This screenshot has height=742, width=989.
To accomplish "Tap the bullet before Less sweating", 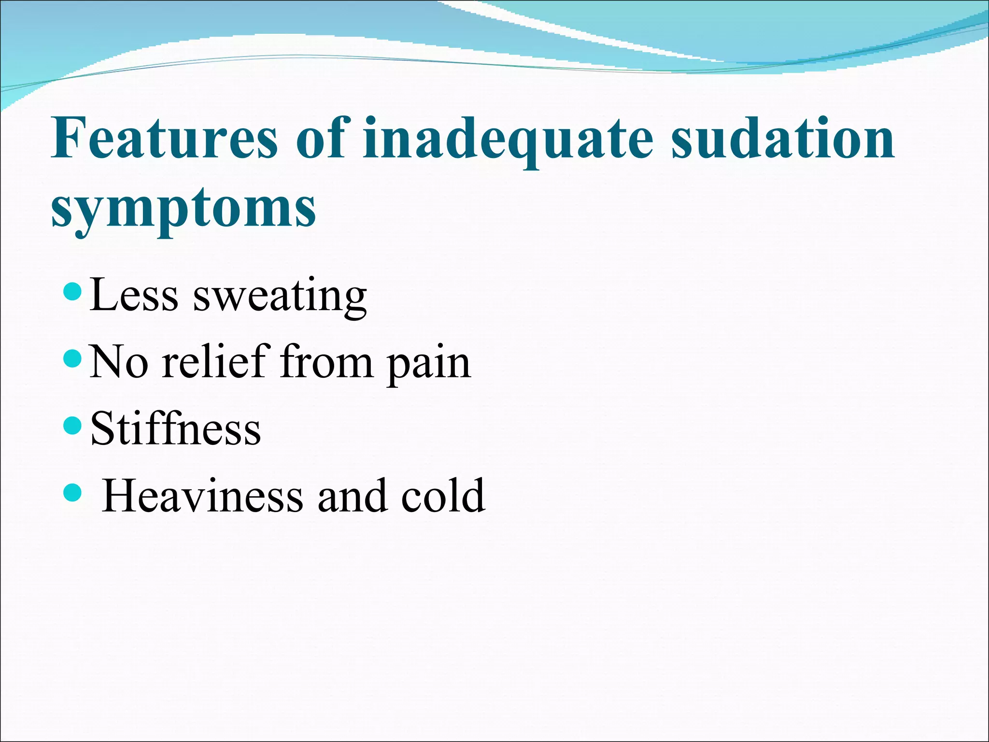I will (73, 292).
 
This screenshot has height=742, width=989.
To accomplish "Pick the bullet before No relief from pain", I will (73, 359).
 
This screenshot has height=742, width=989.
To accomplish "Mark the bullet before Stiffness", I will (73, 426).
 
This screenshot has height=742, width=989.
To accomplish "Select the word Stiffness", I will (175, 428).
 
